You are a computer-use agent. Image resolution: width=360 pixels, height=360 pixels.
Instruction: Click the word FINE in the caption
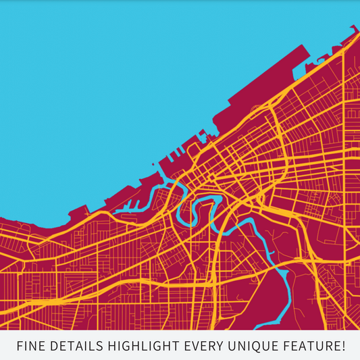32,346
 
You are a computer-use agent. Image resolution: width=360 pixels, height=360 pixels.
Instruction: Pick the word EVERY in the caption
205,346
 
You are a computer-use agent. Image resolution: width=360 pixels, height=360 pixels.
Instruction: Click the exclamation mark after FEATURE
342,346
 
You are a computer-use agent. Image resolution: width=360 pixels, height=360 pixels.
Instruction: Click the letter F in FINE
20,346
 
